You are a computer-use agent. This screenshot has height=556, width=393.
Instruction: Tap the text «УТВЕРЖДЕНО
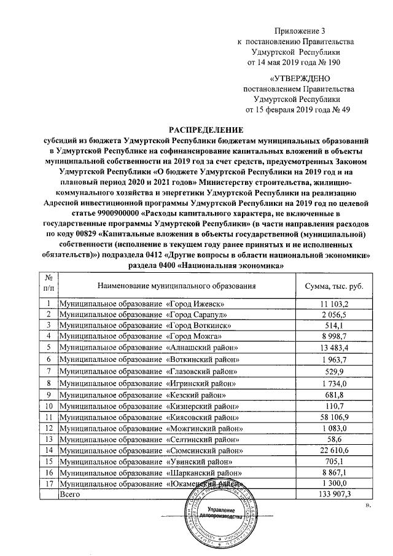(x=300, y=78)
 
